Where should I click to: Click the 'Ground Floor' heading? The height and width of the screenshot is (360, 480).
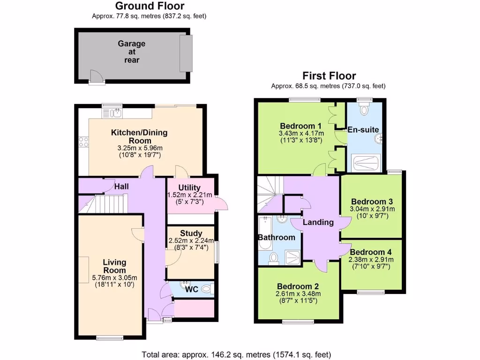150,6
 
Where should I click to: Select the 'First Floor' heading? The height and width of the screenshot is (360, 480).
329,75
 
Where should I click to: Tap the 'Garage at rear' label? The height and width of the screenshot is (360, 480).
131,52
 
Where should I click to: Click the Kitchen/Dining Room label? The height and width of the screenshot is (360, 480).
139,136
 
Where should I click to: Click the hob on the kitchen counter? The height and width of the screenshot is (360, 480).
84,141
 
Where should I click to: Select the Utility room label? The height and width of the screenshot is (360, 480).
189,187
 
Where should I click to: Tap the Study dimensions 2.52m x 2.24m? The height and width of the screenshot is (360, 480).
191,241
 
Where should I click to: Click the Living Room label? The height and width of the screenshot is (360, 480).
115,266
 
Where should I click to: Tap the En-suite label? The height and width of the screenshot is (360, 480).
363,129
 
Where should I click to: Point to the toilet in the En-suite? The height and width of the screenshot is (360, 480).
364,110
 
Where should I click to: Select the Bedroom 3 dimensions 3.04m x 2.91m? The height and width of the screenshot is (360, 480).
373,209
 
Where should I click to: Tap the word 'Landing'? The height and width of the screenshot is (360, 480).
318,222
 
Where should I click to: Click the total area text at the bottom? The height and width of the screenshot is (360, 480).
236,354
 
